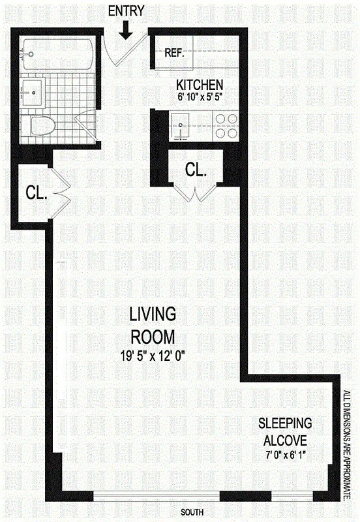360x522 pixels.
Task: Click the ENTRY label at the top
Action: tap(126, 10)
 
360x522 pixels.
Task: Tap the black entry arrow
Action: tap(126, 28)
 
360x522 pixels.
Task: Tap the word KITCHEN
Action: tap(200, 85)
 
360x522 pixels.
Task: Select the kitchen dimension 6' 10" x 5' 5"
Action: tap(200, 97)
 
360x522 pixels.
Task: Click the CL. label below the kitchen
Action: tap(196, 170)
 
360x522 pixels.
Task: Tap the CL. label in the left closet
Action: tap(35, 192)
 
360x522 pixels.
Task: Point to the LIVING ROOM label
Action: tap(152, 326)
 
